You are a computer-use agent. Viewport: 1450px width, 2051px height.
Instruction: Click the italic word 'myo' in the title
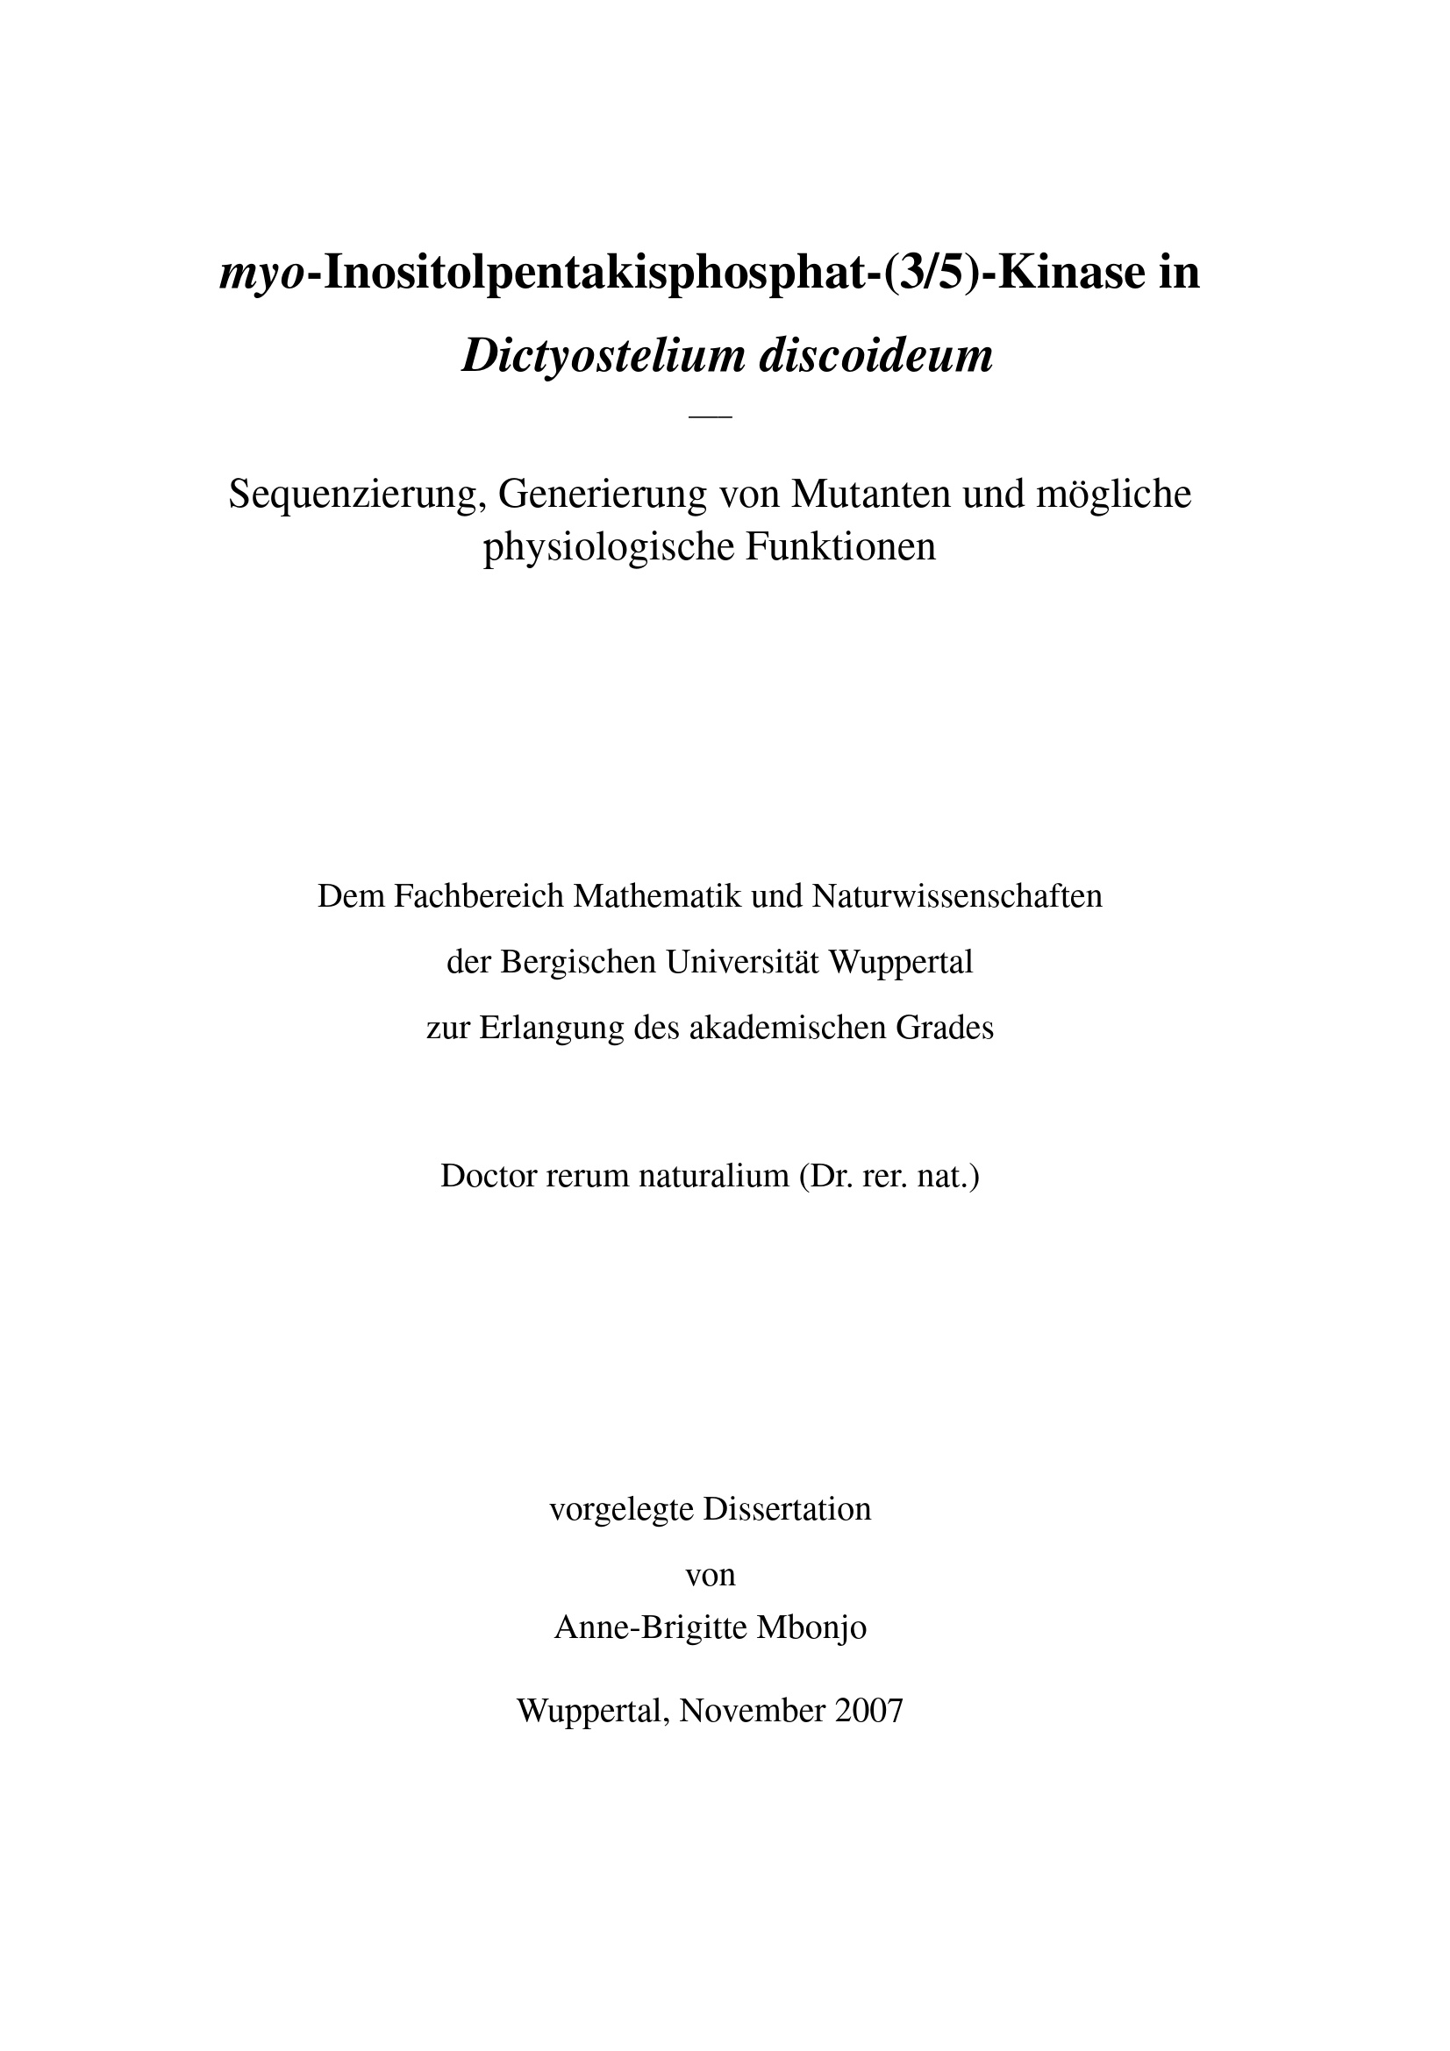[x=261, y=275]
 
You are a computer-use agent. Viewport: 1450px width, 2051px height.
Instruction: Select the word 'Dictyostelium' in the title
[x=603, y=356]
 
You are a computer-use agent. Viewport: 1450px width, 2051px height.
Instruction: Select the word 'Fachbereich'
[x=479, y=896]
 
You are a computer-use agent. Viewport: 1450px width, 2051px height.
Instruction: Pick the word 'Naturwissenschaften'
[x=957, y=896]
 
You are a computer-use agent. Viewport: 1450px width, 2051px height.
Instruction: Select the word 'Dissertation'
[x=787, y=1510]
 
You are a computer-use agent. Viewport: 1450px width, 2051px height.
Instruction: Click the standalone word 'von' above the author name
[x=711, y=1575]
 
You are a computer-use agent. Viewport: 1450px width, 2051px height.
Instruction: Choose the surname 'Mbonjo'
[x=811, y=1627]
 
